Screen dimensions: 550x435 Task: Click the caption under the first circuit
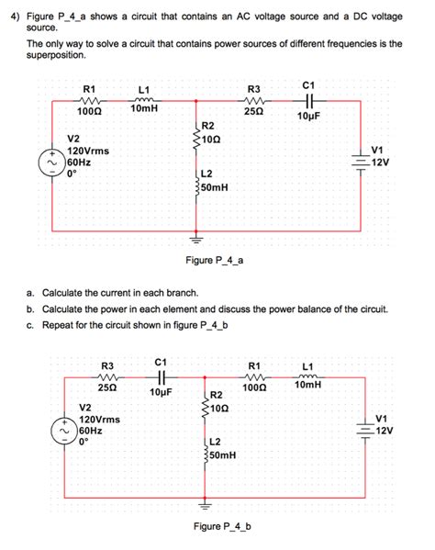(x=217, y=261)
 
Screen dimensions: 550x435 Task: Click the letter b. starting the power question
(x=32, y=309)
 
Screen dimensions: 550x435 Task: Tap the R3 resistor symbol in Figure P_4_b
(x=106, y=376)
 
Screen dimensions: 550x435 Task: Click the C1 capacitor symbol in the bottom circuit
(x=161, y=376)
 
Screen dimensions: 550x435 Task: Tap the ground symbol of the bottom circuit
(x=205, y=506)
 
